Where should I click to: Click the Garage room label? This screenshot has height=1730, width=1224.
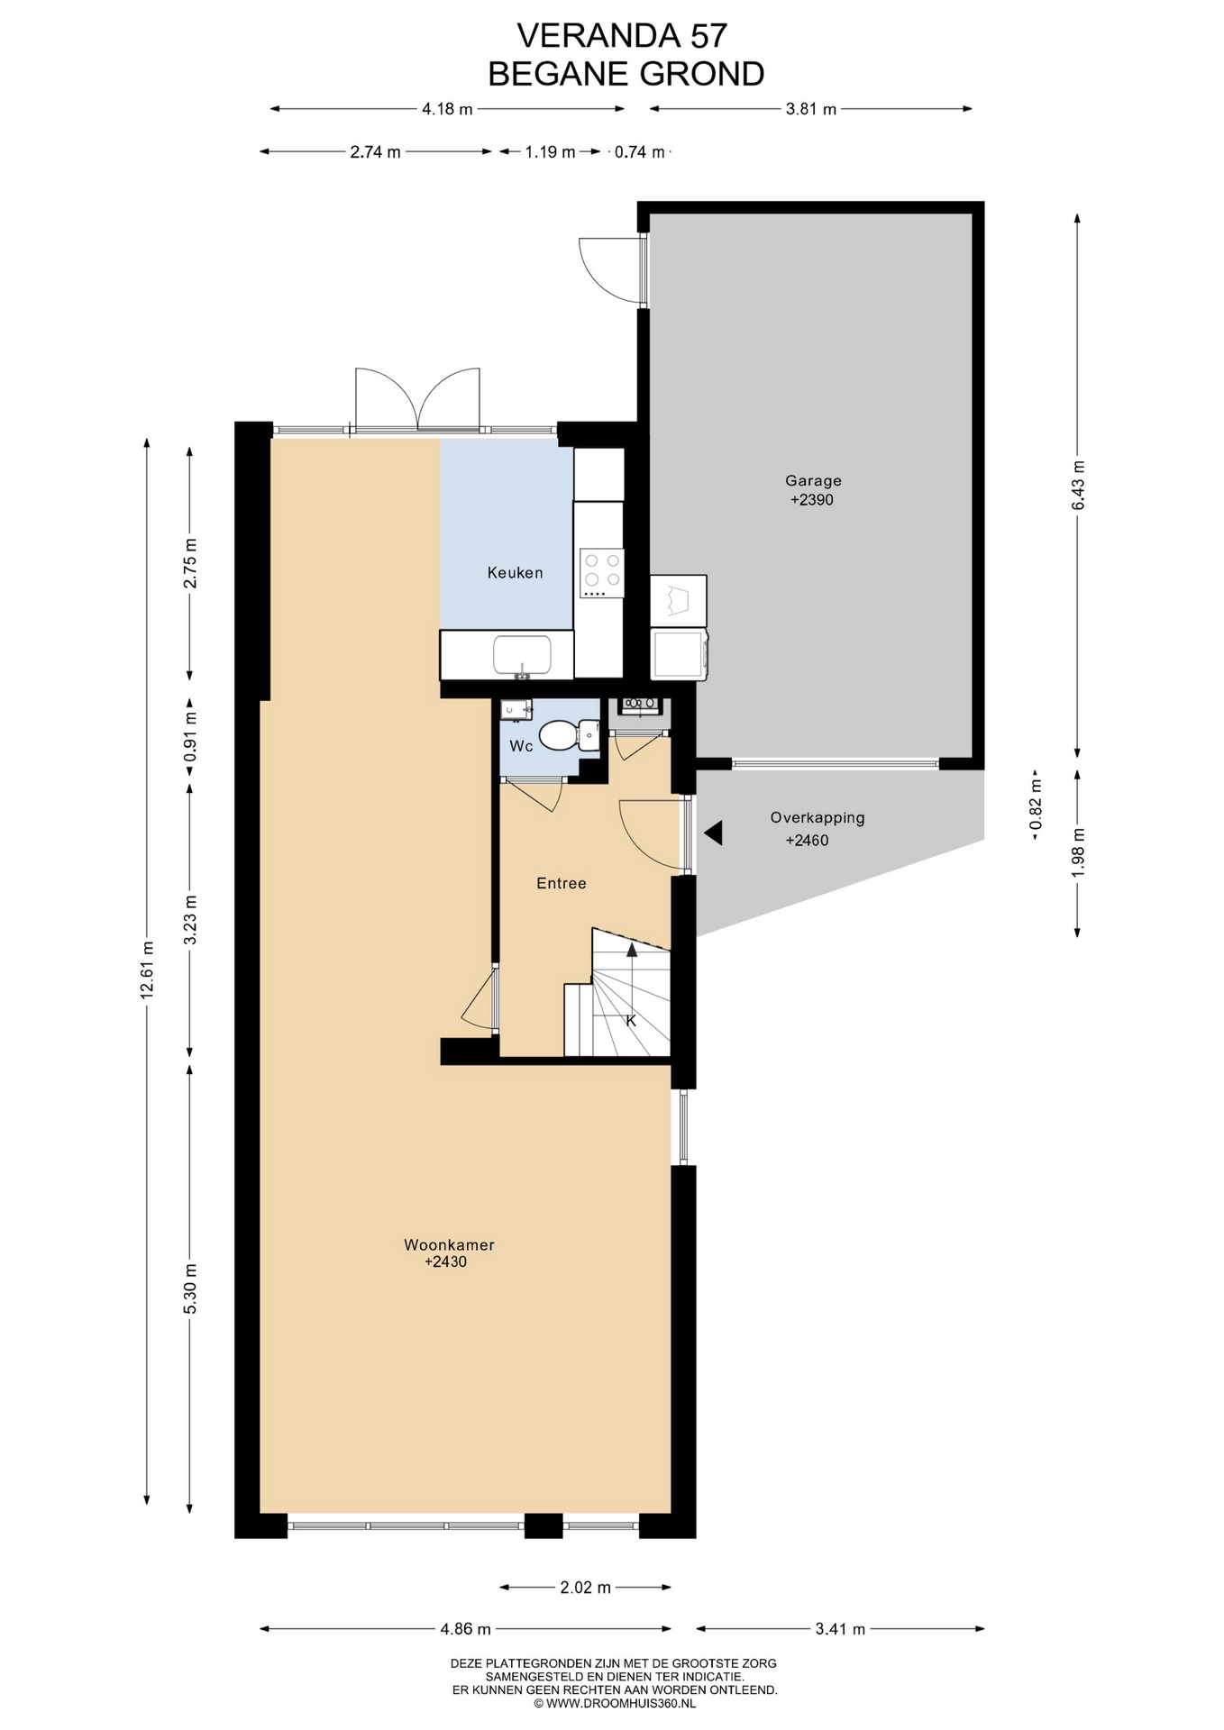coord(813,481)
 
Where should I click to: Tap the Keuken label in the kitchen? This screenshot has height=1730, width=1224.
coord(516,572)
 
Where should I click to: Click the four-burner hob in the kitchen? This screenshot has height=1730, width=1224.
coord(602,573)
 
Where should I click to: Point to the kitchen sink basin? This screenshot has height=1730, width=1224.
coord(522,656)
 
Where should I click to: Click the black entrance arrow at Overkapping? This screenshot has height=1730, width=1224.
coord(713,833)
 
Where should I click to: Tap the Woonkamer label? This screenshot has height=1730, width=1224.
coord(449,1245)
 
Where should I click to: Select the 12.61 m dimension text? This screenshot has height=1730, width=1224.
coord(148,969)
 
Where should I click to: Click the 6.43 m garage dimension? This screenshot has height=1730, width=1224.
coord(1078,486)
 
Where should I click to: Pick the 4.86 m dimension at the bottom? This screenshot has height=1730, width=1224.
coord(465,1628)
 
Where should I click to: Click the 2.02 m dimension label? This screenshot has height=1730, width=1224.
coord(585,1587)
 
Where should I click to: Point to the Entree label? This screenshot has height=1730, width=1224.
coord(562,884)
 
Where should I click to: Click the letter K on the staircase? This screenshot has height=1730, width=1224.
coord(631,1021)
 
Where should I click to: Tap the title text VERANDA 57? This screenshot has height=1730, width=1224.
coord(622,35)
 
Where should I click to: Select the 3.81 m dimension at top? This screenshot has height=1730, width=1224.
coord(811,109)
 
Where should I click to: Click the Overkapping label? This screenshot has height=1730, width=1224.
coord(818,818)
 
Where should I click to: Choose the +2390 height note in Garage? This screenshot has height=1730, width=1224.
coord(812,500)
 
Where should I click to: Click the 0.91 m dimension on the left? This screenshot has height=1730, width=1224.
coord(190,737)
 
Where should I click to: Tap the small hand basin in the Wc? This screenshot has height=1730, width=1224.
coord(516,709)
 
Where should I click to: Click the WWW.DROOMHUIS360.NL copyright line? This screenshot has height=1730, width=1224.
coord(615,1703)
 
